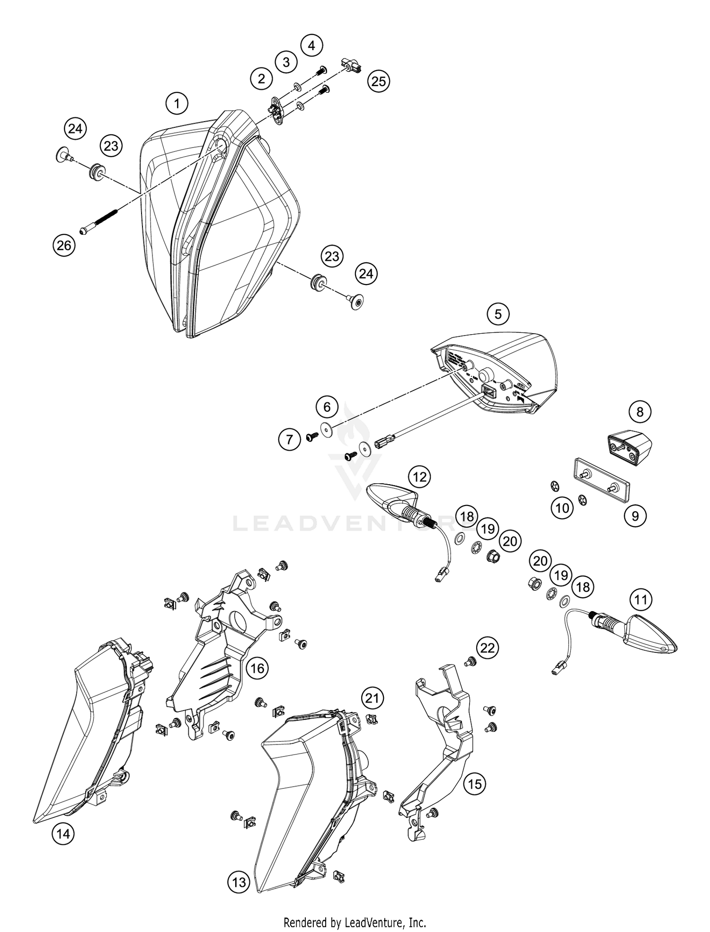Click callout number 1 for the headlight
click(x=177, y=103)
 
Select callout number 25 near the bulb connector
click(x=378, y=81)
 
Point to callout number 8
click(x=640, y=411)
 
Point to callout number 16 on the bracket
click(x=257, y=668)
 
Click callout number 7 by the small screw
click(x=290, y=440)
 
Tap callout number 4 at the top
click(x=311, y=46)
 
